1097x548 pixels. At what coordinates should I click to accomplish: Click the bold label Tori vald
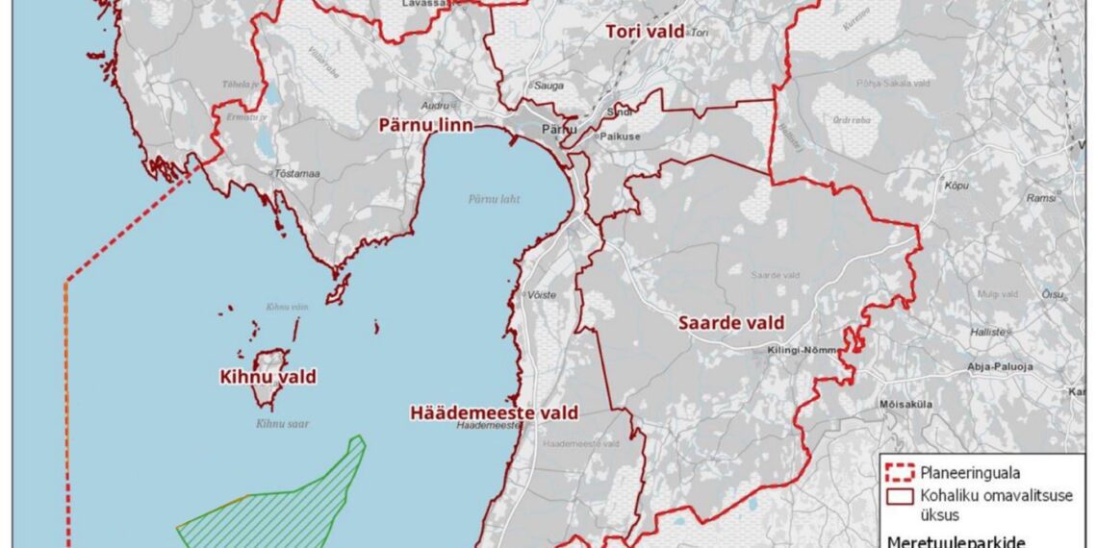pos(644,32)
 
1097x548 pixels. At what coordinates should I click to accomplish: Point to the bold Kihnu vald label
pos(268,377)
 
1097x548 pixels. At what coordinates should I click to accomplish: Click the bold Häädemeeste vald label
pos(494,412)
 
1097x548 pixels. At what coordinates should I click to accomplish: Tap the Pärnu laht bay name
pos(494,199)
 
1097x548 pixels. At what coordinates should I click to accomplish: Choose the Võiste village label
pos(541,295)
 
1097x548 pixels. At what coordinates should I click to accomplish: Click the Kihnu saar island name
pos(283,423)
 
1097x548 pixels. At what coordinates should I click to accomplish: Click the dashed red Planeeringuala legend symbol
pos(899,472)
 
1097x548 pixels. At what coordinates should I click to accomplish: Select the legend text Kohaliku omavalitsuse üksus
pos(981,505)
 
